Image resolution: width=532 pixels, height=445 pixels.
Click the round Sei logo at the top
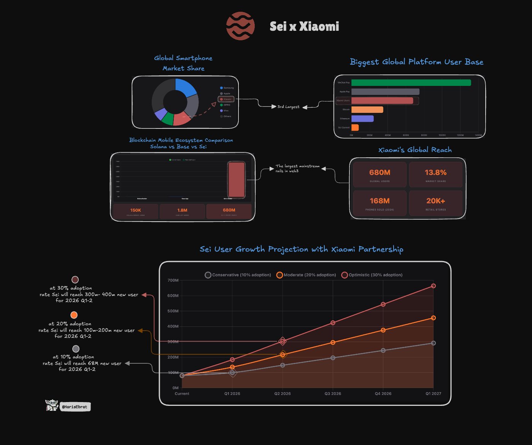(x=240, y=26)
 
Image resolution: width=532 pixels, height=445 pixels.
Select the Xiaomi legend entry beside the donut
(x=226, y=99)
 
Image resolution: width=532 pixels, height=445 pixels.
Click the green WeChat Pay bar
(x=411, y=82)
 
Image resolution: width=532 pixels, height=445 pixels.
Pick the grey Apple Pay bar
(x=385, y=92)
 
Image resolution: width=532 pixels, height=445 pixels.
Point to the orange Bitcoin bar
(x=367, y=109)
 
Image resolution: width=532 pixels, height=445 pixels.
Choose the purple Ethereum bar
(x=362, y=119)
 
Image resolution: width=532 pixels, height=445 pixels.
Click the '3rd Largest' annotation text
(x=288, y=107)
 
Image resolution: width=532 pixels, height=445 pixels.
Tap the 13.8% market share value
(x=435, y=173)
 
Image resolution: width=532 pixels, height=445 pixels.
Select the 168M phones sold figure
(x=380, y=201)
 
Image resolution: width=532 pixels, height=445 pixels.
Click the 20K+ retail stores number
(x=435, y=201)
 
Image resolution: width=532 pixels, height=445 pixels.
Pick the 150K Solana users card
(x=136, y=211)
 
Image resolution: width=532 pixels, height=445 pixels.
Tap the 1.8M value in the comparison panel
(x=182, y=210)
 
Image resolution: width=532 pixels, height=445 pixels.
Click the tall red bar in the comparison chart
(x=236, y=180)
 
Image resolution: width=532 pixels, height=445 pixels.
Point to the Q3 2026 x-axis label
(x=333, y=394)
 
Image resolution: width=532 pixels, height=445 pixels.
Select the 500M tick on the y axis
(x=173, y=311)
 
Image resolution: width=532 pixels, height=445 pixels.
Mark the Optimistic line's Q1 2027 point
(x=433, y=286)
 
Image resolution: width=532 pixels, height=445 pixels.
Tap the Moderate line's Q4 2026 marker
(x=383, y=330)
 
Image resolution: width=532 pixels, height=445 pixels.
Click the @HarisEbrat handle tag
(x=75, y=407)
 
